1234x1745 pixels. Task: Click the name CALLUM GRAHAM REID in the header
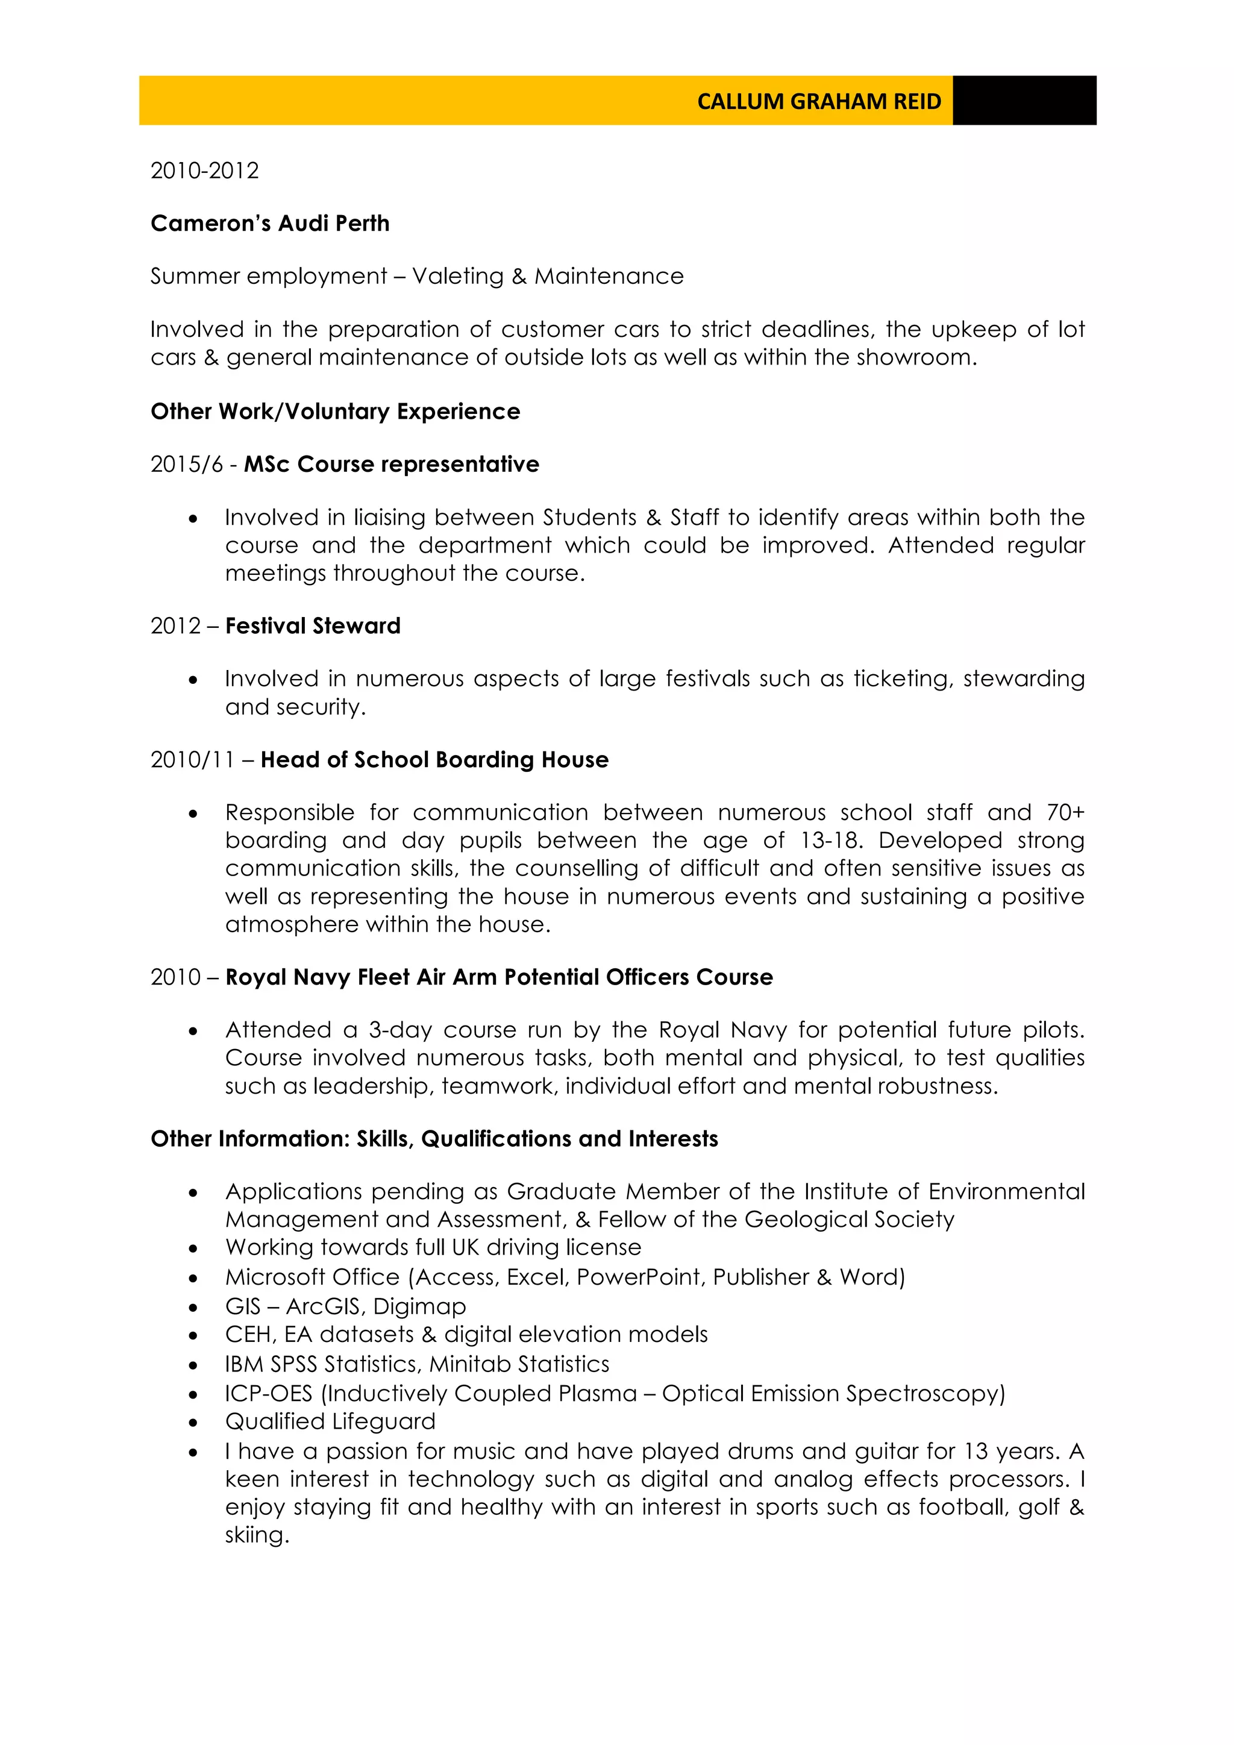(x=818, y=101)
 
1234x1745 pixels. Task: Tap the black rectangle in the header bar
(x=1024, y=100)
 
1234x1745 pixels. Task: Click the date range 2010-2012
(x=204, y=171)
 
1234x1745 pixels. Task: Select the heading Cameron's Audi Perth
(x=270, y=224)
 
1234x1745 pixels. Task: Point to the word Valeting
(x=457, y=276)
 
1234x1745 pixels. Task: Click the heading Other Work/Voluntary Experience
(x=335, y=411)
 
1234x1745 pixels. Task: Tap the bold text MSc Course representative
(x=391, y=465)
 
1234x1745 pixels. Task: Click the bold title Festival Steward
(x=312, y=625)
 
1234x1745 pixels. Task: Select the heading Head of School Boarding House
(x=434, y=759)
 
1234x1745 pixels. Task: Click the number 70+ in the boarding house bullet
(x=1065, y=812)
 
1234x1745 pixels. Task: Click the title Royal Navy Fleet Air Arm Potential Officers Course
(x=498, y=977)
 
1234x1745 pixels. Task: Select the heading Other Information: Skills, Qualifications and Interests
(x=434, y=1138)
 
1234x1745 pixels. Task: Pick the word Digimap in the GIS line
(x=419, y=1306)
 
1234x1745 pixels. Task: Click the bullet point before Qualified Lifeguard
(x=194, y=1423)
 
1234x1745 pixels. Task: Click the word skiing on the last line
(x=255, y=1535)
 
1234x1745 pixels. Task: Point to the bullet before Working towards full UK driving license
(x=194, y=1248)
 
